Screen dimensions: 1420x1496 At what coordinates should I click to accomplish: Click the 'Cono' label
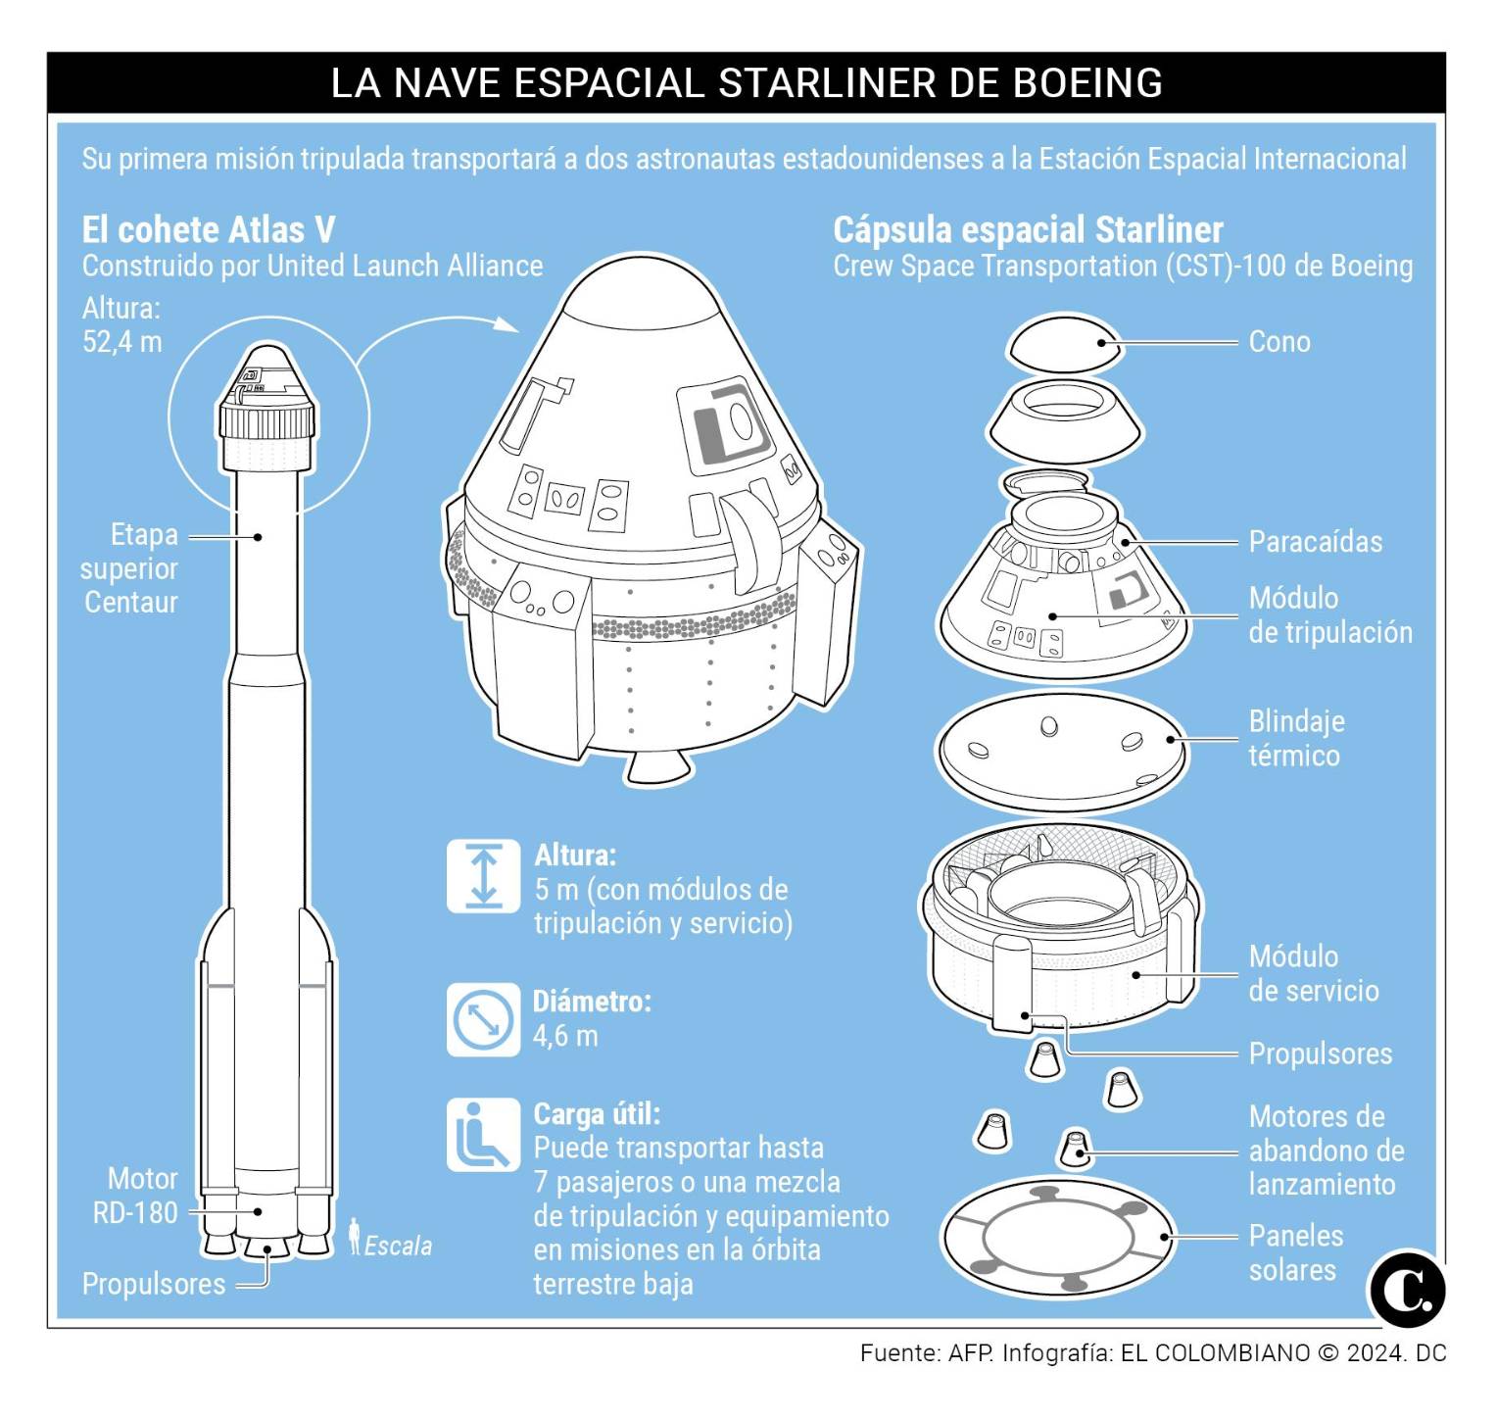click(1279, 342)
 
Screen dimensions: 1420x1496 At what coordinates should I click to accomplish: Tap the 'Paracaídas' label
click(1315, 542)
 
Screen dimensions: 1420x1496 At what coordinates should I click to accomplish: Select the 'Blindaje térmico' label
click(1295, 739)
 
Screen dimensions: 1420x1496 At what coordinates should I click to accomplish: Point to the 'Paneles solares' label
click(1294, 1252)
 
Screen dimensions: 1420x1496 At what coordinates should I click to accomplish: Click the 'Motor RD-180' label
click(135, 1196)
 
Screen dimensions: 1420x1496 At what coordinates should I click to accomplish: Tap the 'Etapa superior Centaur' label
click(130, 568)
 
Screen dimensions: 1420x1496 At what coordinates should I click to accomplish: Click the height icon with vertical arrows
click(483, 875)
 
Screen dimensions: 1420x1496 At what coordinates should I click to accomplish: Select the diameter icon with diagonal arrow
click(483, 1020)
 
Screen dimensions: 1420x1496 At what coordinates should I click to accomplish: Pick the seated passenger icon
click(483, 1135)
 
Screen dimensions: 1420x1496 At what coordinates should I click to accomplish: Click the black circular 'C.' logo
click(1408, 1289)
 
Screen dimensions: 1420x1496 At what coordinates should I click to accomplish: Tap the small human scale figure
click(355, 1237)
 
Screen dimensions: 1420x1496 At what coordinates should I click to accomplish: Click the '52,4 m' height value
click(122, 342)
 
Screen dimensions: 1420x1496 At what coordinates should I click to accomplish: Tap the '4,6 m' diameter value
click(565, 1036)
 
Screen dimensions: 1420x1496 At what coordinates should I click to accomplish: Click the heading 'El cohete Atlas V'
click(208, 230)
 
